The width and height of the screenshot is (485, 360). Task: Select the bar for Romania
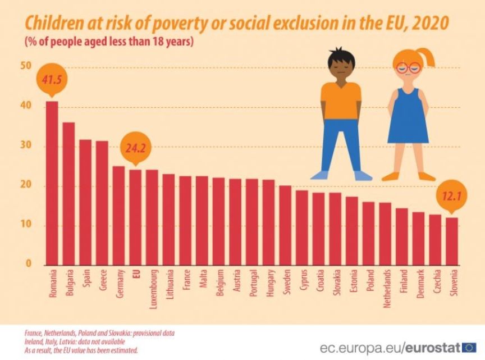(52, 183)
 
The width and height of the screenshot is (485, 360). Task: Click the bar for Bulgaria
(68, 193)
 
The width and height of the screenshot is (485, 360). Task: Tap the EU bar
(135, 217)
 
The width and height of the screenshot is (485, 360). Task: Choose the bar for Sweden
(285, 225)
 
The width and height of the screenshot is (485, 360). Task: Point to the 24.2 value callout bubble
(135, 150)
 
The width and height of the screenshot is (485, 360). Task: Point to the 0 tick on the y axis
(28, 265)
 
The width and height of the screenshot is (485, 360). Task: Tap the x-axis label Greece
(103, 281)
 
